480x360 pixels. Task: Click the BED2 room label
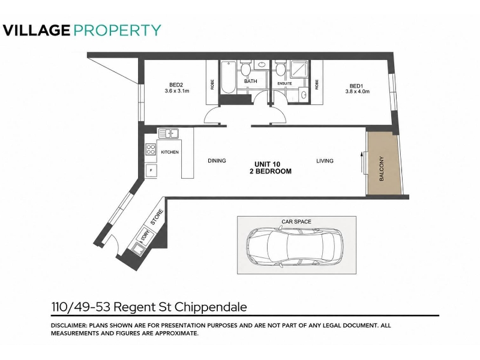tap(176, 85)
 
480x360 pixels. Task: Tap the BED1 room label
tap(356, 86)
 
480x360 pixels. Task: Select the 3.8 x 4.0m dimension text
tap(357, 91)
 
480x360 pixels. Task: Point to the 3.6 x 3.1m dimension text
tap(176, 91)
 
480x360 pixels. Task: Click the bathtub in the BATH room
tap(228, 77)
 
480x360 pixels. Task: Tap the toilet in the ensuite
tap(280, 68)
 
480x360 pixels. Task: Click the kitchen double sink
tap(169, 133)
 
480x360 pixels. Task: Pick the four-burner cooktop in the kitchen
tap(151, 149)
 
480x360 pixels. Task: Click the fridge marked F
tap(151, 170)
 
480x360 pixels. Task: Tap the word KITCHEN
tap(170, 152)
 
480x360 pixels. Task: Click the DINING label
tap(217, 160)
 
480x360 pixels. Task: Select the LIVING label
tap(325, 161)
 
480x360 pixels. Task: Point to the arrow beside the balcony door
tap(362, 163)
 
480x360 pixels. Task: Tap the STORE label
tap(157, 217)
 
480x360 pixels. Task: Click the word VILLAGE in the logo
tap(37, 31)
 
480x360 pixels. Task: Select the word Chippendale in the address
tap(212, 307)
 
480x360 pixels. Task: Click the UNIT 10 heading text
tap(267, 164)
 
